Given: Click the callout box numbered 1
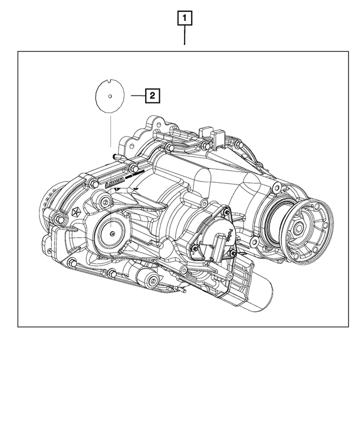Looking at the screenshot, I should pos(184,19).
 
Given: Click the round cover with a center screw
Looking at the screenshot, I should pos(113,232).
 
